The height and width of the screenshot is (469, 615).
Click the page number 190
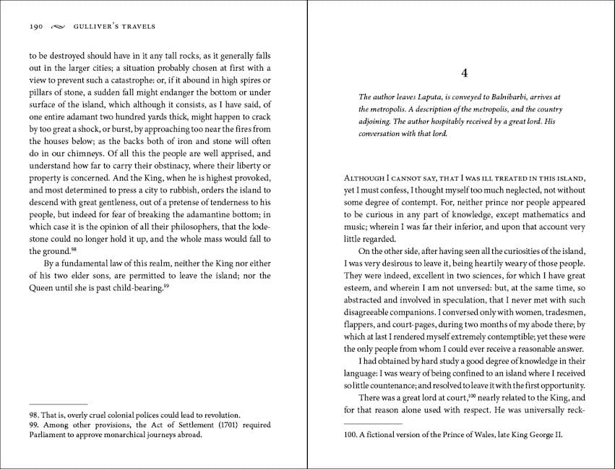(x=37, y=27)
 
